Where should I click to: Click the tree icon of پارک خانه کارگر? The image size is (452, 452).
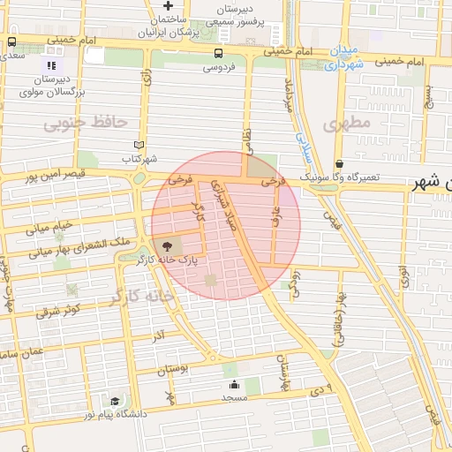click(168, 246)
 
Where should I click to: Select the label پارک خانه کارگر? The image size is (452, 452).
click(165, 261)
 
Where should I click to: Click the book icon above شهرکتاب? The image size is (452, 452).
click(139, 145)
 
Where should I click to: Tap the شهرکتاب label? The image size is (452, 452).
click(139, 159)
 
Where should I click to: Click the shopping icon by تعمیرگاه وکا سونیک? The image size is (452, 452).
click(340, 163)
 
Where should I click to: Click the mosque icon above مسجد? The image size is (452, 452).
click(234, 384)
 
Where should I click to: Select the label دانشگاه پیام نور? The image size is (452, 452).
click(116, 413)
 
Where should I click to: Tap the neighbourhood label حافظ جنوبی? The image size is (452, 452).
click(87, 122)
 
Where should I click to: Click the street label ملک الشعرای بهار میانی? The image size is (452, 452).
click(79, 246)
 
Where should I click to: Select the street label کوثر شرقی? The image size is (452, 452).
click(58, 311)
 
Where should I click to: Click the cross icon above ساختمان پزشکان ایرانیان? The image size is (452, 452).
click(168, 5)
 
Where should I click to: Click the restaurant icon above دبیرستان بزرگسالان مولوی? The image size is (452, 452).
click(51, 64)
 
